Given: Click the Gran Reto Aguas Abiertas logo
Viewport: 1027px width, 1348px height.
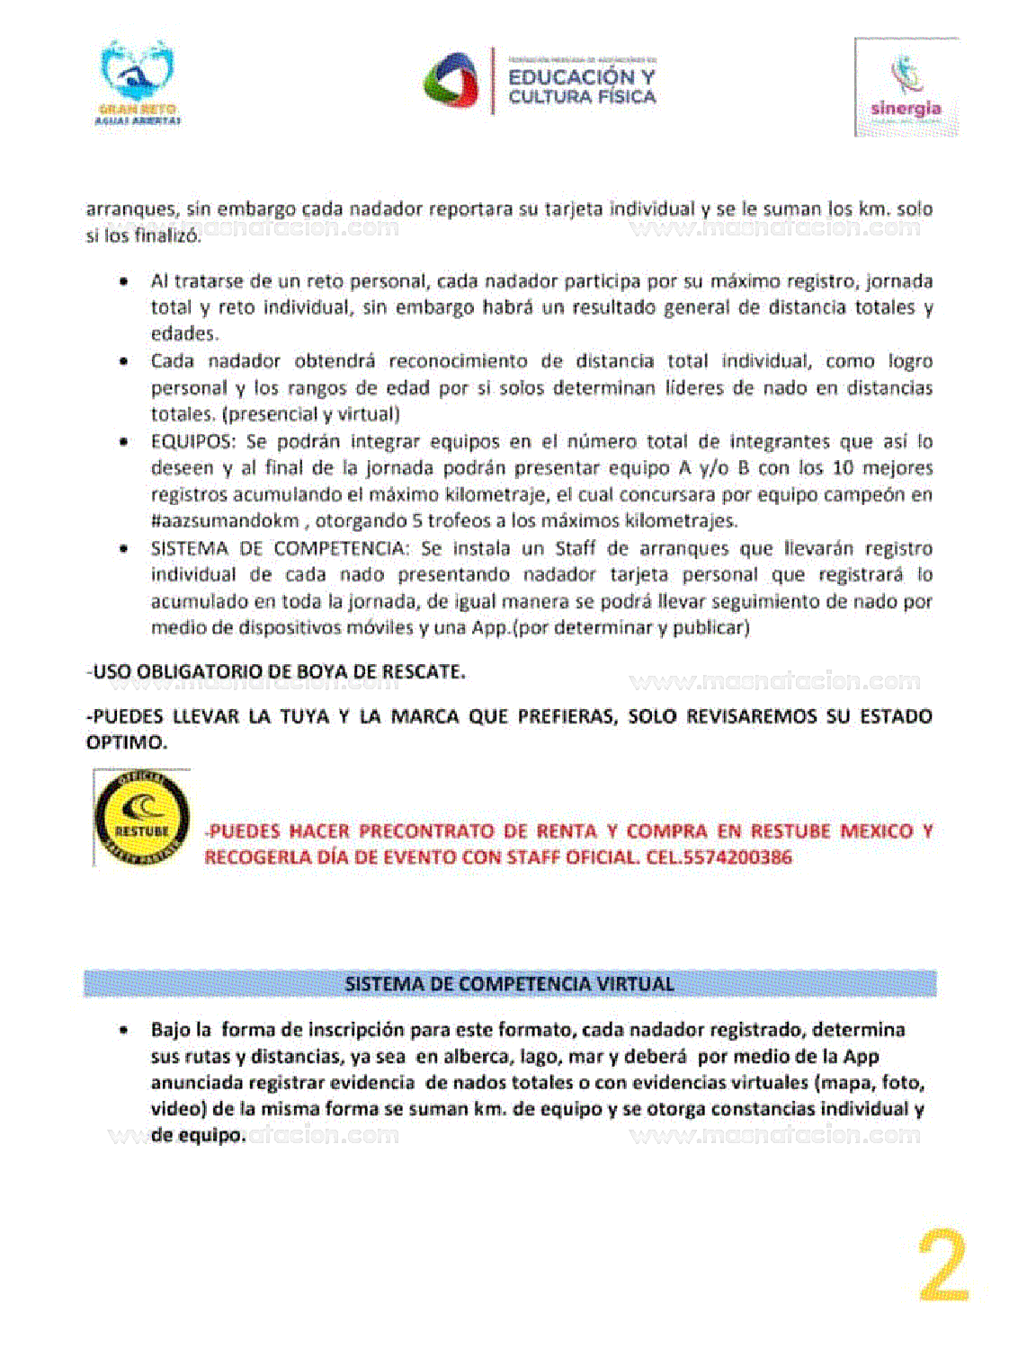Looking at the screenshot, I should pos(138,83).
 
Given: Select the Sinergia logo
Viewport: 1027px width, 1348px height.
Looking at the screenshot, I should pos(906,88).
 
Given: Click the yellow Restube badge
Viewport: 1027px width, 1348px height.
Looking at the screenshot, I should pos(141,818).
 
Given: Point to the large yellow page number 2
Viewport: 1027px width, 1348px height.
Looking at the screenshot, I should pos(943,1266).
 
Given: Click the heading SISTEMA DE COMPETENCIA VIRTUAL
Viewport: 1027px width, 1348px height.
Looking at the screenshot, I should pos(509,984).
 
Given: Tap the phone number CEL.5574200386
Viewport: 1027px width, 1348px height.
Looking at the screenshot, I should pos(719,857).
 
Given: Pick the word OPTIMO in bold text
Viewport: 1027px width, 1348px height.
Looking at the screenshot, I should pos(126,743).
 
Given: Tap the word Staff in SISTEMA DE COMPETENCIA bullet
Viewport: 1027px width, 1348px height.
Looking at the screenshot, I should pos(576,548).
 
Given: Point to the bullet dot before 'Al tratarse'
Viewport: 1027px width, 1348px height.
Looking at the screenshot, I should pos(123,281).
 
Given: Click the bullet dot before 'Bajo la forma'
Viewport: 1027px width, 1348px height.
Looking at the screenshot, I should pos(123,1030).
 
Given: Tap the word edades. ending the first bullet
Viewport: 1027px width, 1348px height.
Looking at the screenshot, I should pos(184,334).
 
